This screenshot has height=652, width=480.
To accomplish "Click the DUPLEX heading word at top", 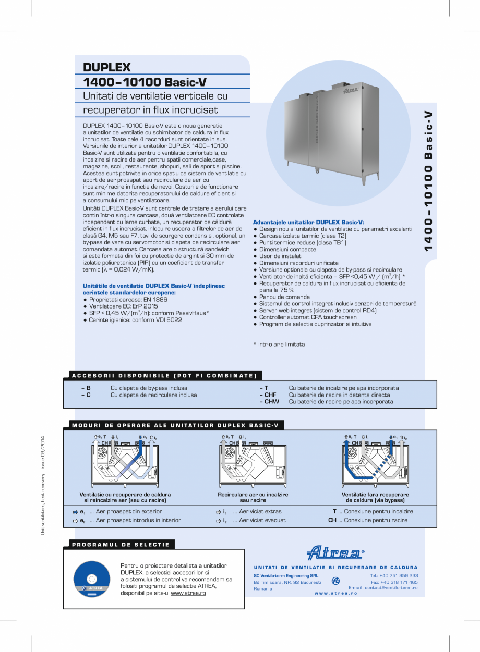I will [106, 67].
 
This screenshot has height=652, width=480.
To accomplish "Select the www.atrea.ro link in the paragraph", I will [188, 593].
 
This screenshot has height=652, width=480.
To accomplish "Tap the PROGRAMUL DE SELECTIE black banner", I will [120, 545].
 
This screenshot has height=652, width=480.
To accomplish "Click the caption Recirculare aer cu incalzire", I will [253, 495].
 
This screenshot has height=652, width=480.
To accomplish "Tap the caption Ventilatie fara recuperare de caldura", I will [375, 497].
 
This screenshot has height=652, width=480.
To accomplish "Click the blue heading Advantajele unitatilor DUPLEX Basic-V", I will [308, 222].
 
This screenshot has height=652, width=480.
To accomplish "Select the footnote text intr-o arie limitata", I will [279, 345].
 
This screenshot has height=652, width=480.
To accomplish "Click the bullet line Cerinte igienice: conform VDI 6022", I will [133, 320].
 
